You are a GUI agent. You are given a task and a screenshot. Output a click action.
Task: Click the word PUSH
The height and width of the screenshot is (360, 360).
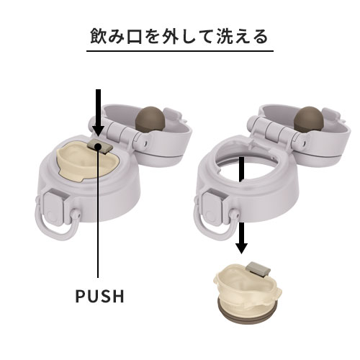click(x=100, y=296)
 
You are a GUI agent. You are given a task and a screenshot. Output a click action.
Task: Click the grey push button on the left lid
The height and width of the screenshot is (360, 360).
click(x=101, y=147)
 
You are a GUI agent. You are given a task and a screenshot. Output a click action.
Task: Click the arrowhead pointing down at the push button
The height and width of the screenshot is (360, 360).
click(x=99, y=130)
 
